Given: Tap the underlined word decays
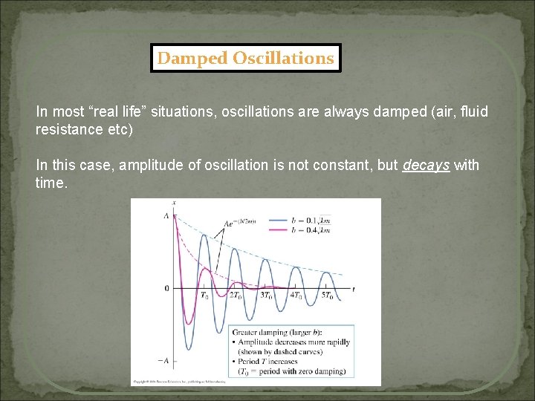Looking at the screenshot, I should tap(426, 165).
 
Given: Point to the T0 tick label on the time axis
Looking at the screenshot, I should tap(204, 296).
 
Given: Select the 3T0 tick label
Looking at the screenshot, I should tap(266, 296).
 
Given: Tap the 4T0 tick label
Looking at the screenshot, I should tap(296, 296).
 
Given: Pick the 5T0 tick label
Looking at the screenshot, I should tap(327, 296).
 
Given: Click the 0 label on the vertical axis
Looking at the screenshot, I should tap(166, 288).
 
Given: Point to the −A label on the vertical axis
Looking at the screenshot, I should tap(164, 360).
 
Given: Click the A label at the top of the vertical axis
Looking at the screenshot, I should tap(166, 215).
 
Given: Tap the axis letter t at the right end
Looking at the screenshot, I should tap(353, 287).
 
